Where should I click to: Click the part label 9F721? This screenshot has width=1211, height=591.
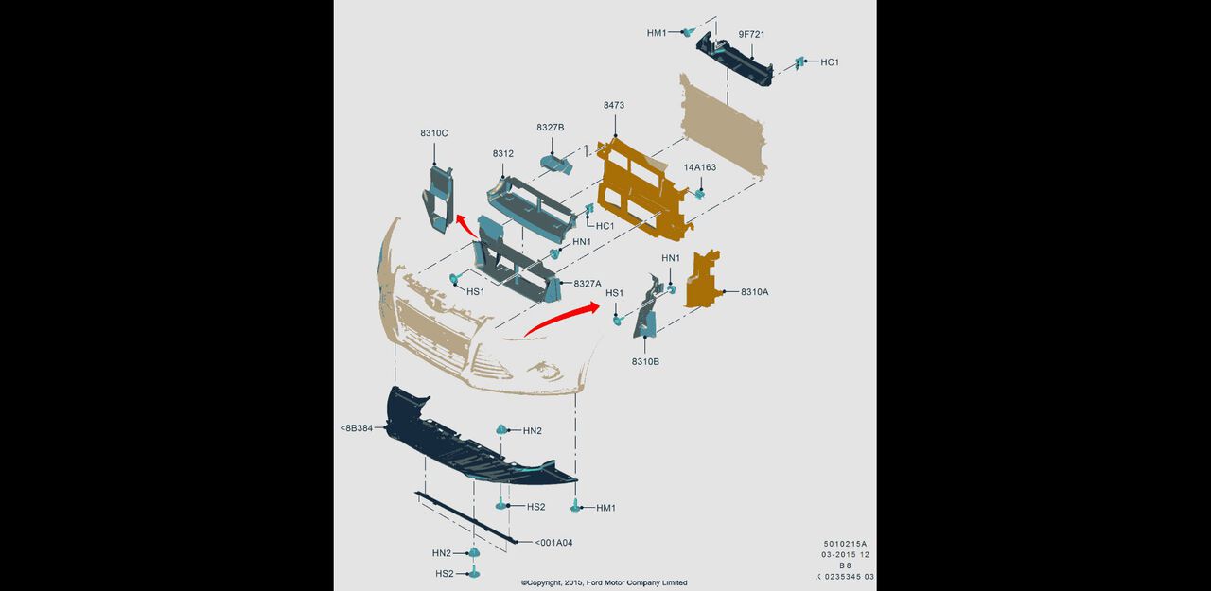(x=751, y=34)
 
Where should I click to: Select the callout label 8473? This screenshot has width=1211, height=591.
(x=614, y=105)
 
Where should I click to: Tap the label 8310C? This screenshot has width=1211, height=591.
(x=433, y=133)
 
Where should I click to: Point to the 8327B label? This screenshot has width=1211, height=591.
(x=551, y=127)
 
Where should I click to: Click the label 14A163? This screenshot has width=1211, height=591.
(x=699, y=167)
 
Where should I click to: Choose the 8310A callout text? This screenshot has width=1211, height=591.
(x=754, y=292)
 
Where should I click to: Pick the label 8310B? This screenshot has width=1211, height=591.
(x=645, y=361)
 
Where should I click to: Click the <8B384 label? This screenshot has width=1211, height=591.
(x=357, y=427)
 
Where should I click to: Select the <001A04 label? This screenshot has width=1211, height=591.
(x=553, y=543)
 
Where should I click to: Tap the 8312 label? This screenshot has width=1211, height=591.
(x=502, y=153)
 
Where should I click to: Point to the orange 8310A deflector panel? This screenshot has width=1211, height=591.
(x=703, y=280)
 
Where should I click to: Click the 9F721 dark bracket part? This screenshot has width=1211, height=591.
(x=735, y=60)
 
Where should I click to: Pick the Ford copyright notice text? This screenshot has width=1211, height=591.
(x=604, y=582)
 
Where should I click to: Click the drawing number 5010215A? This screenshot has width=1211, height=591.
(x=845, y=544)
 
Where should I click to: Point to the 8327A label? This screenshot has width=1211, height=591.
(x=588, y=284)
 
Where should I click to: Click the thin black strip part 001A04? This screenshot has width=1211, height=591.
(x=465, y=517)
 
